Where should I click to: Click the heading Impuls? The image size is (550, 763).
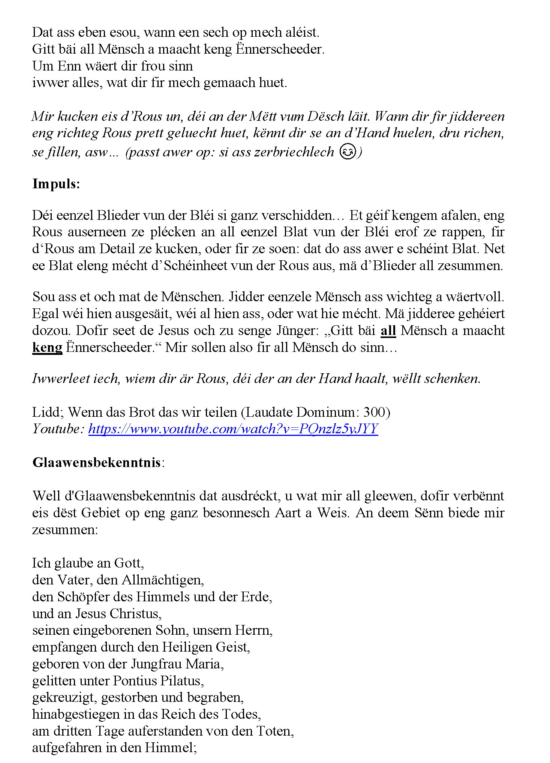[x=56, y=184]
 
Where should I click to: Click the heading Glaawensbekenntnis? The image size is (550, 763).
[x=97, y=463]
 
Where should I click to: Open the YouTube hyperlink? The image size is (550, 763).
[x=233, y=429]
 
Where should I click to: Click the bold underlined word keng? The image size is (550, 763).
[x=47, y=347]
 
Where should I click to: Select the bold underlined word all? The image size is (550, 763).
[x=388, y=330]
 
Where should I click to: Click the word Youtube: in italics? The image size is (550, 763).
[x=58, y=429]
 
